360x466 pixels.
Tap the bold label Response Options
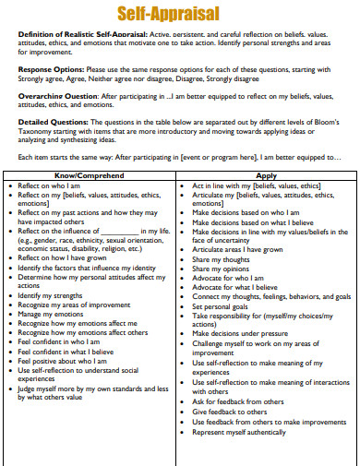49,68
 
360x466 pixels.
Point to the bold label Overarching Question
54,95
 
